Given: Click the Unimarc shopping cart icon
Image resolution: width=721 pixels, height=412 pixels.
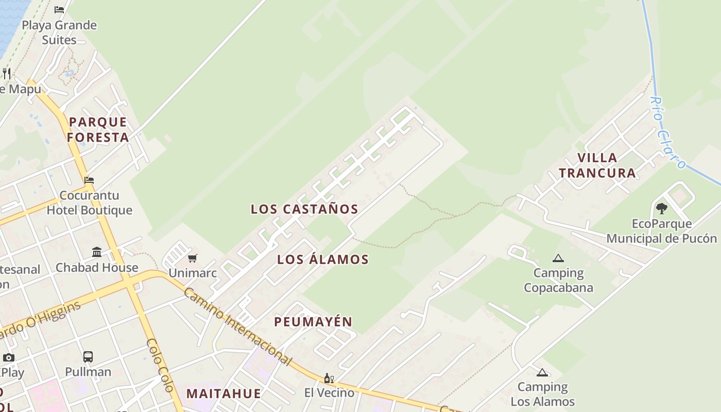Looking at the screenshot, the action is [x=192, y=258].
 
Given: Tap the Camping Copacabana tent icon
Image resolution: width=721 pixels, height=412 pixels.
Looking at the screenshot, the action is [x=558, y=258].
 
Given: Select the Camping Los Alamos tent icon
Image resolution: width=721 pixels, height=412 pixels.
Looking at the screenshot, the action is [x=542, y=372].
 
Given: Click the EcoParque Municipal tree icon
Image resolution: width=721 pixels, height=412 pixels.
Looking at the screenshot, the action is [x=662, y=209].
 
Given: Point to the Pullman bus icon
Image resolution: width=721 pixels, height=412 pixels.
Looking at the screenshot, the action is [x=88, y=357].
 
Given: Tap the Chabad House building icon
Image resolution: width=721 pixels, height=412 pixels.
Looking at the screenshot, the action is [x=97, y=252].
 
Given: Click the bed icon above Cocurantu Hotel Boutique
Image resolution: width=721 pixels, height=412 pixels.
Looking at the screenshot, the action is [x=89, y=180].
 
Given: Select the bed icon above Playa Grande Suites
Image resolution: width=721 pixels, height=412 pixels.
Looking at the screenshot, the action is [x=59, y=9].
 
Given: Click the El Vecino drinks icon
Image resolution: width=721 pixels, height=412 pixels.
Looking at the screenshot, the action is [x=329, y=379].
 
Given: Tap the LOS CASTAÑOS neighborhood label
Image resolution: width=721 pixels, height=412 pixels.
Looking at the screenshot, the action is [x=304, y=209].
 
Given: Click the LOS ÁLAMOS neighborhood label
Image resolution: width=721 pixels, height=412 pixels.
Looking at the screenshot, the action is [x=323, y=260].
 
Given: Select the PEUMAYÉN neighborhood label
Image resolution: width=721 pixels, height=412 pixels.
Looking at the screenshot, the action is [x=313, y=322].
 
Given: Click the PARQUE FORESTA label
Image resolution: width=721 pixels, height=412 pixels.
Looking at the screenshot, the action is [x=97, y=130].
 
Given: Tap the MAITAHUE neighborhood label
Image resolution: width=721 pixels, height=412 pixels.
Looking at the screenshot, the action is [x=224, y=394].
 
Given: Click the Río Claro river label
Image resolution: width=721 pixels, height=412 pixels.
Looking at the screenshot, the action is [x=667, y=132].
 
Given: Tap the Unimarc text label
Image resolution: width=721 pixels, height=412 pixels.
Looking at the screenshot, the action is [x=193, y=273].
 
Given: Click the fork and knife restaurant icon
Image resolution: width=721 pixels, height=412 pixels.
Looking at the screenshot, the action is [x=6, y=73].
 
